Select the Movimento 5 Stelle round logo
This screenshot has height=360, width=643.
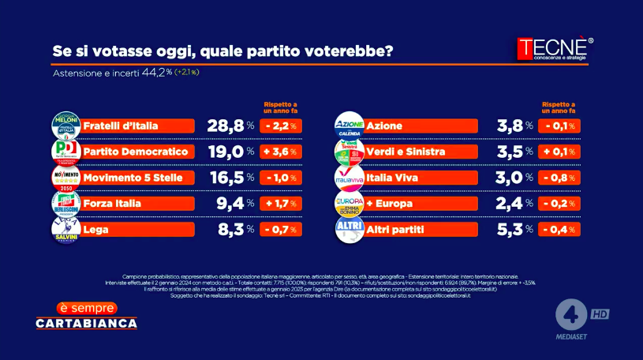point(65,177)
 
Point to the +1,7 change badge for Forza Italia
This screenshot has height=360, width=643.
point(281,203)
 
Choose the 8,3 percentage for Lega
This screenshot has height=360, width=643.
point(228,229)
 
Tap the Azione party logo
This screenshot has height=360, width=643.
point(349,126)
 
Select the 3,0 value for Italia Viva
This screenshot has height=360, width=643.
point(510,177)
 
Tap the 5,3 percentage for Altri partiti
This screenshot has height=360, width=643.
point(510,229)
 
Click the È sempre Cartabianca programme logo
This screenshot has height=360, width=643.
point(87,316)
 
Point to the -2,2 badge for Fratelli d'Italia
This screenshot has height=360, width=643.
point(281,126)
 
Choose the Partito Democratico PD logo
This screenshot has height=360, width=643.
point(65,151)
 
